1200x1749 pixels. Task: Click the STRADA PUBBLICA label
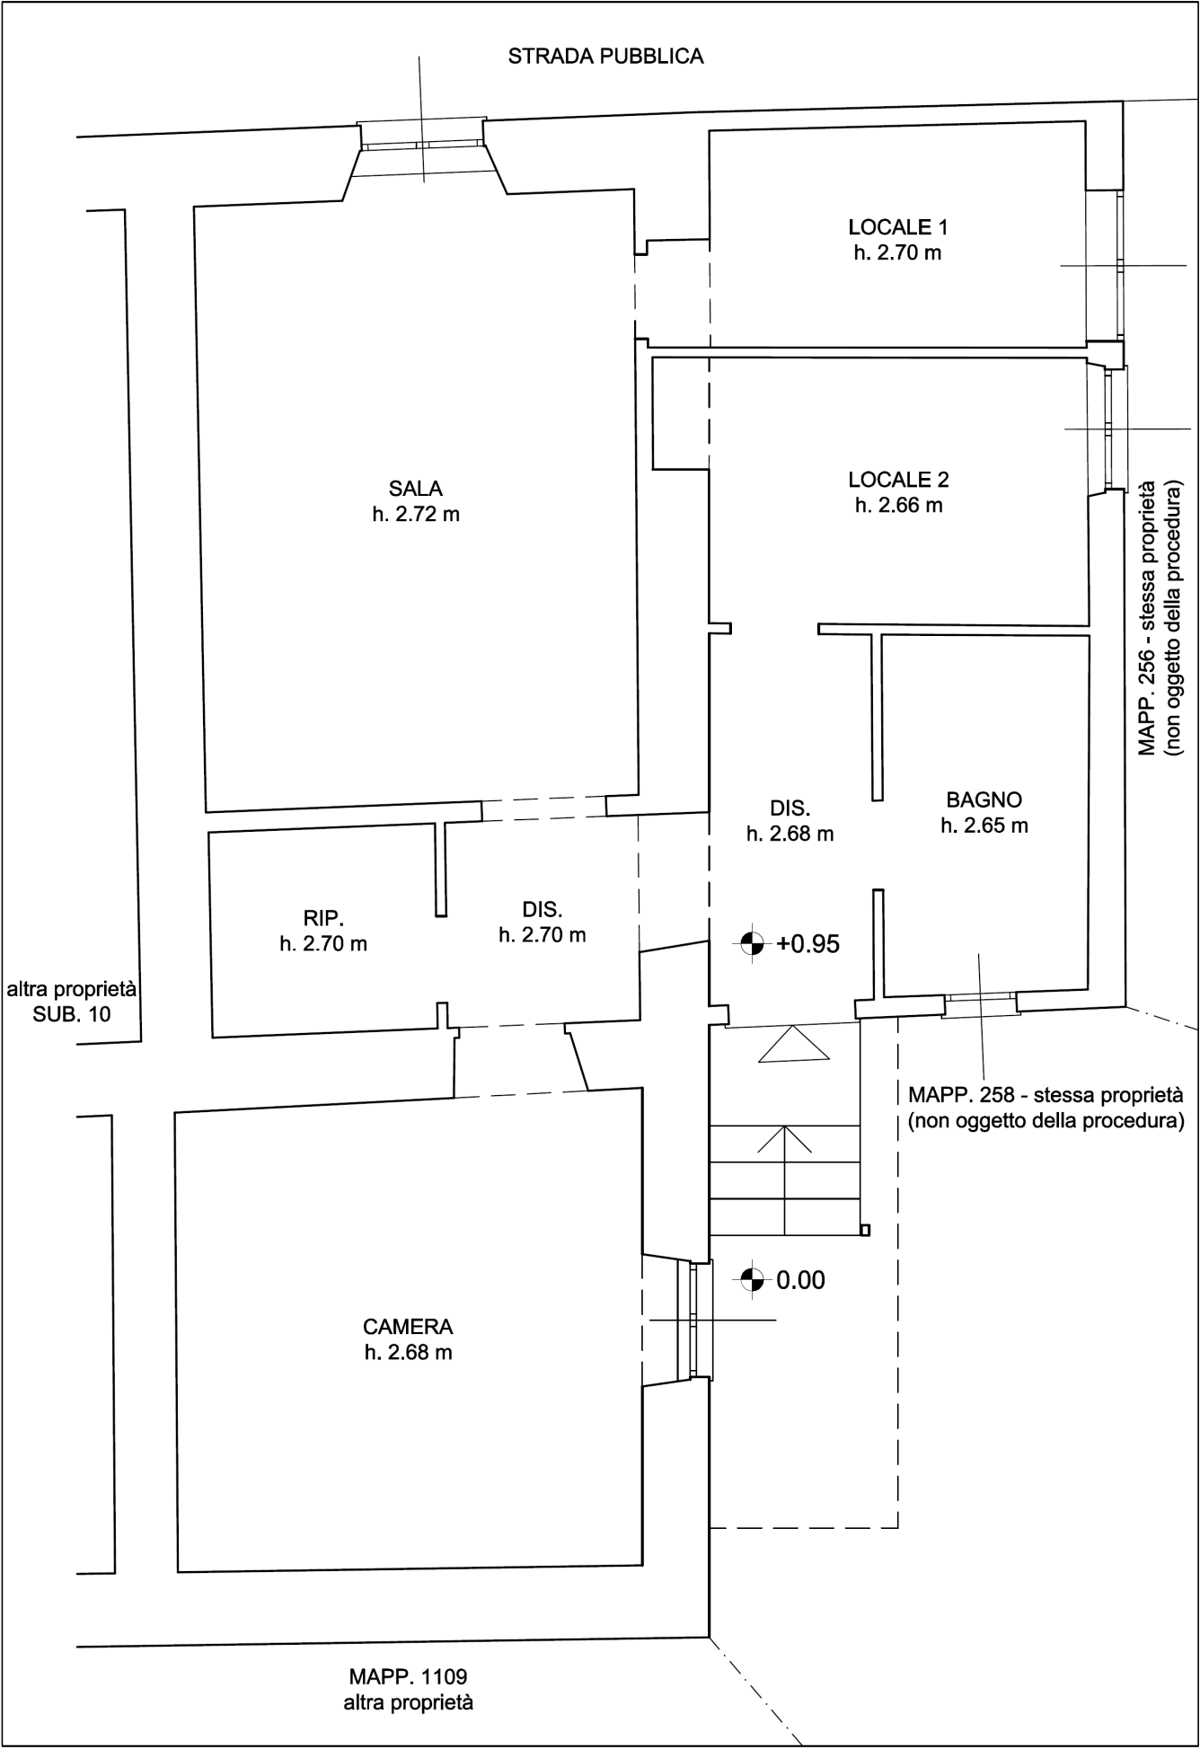pyautogui.click(x=605, y=57)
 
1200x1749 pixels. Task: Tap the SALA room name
pyautogui.click(x=416, y=489)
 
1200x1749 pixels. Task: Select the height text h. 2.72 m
pyautogui.click(x=416, y=515)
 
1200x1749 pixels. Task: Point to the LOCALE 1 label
pyautogui.click(x=898, y=226)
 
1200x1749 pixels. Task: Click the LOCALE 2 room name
pyautogui.click(x=899, y=479)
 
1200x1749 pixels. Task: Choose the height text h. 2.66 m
pyautogui.click(x=899, y=505)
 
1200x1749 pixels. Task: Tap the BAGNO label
pyautogui.click(x=984, y=799)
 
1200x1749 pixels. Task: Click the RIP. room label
pyautogui.click(x=323, y=918)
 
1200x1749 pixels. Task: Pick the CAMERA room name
pyautogui.click(x=408, y=1326)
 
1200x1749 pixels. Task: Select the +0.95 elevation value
pyautogui.click(x=808, y=943)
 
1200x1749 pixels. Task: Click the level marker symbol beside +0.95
pyautogui.click(x=752, y=943)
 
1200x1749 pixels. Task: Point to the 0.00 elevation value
pyautogui.click(x=800, y=1280)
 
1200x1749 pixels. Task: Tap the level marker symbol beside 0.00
pyautogui.click(x=752, y=1280)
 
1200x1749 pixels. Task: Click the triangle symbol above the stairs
pyautogui.click(x=794, y=1044)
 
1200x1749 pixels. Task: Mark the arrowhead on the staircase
pyautogui.click(x=785, y=1138)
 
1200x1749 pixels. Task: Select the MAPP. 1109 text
pyautogui.click(x=409, y=1676)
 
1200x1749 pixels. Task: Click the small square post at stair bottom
pyautogui.click(x=865, y=1231)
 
